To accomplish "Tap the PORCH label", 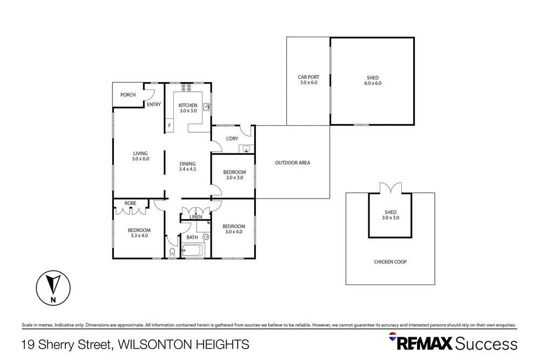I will point(128,95).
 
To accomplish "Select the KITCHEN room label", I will point(188,105).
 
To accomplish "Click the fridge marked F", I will point(169,126).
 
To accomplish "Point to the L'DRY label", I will point(232,139).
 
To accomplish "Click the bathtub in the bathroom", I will point(193,250).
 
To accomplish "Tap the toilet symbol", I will point(172,252).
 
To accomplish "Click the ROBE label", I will point(130,203).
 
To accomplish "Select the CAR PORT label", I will point(308,77).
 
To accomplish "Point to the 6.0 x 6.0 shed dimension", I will point(373,83).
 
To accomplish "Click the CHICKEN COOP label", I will point(390,262).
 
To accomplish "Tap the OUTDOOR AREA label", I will point(292,162).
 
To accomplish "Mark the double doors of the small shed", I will point(390,189).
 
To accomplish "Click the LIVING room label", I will point(140,153).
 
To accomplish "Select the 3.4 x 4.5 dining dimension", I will point(187,169).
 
